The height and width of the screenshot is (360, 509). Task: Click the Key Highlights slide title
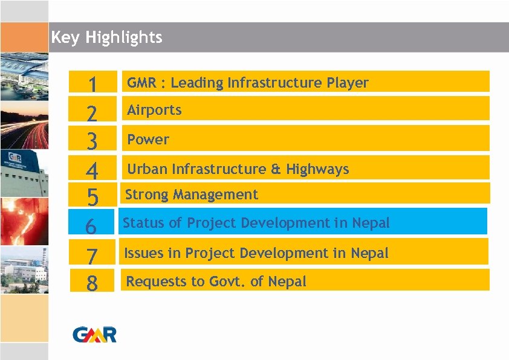point(106,37)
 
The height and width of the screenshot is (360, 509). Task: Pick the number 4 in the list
point(92,170)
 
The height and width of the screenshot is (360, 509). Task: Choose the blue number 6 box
point(91,225)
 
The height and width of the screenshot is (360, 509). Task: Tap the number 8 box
point(92,282)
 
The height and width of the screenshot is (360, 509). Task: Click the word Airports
point(154,110)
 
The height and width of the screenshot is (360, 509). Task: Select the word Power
point(148,140)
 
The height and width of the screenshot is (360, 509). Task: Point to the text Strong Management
point(191,194)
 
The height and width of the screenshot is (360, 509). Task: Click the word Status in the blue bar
point(143,223)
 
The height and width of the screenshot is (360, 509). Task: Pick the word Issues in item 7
point(143,253)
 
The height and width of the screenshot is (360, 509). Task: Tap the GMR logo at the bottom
point(94,334)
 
